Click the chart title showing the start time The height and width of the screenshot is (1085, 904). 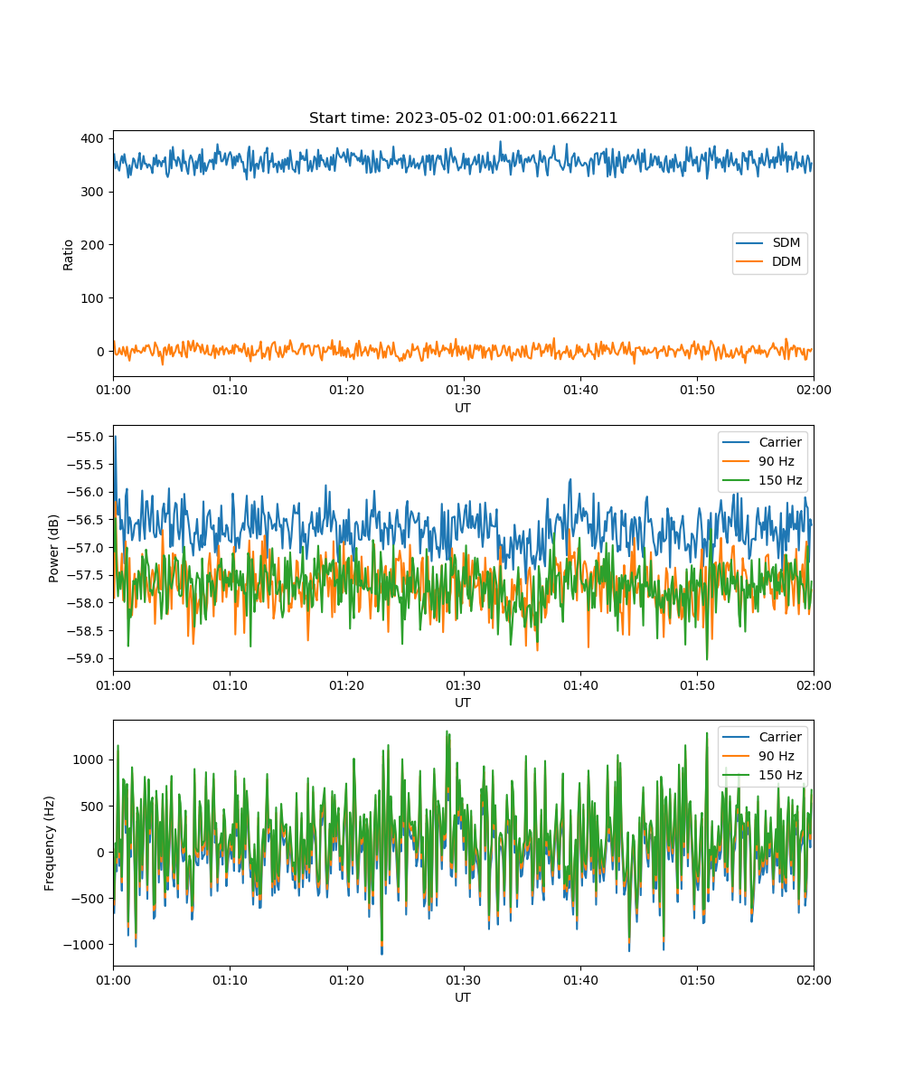[x=463, y=118]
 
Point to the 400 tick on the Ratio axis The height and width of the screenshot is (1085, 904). [x=92, y=138]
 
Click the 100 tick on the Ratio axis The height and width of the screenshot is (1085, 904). [x=92, y=298]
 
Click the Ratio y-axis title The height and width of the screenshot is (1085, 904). [x=68, y=255]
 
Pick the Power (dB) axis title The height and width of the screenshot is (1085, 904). [x=53, y=548]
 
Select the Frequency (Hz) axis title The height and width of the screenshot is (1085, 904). [x=50, y=844]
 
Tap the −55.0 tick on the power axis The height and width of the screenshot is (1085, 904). [x=85, y=437]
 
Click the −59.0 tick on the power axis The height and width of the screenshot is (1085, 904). [x=85, y=658]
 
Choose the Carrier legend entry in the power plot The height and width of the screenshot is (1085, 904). [x=762, y=442]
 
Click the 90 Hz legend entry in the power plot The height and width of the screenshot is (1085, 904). [x=758, y=461]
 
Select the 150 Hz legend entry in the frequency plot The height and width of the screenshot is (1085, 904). [x=762, y=775]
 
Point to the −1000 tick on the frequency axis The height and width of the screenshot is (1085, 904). [x=84, y=945]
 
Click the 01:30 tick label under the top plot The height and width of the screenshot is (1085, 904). [x=464, y=390]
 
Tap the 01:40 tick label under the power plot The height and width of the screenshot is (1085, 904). [x=581, y=685]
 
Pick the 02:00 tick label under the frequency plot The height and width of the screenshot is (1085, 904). [x=814, y=980]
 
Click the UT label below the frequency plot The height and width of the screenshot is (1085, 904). [x=463, y=997]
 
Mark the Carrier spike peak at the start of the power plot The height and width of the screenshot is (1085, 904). [x=116, y=437]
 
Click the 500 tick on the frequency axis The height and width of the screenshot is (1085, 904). [x=93, y=807]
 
